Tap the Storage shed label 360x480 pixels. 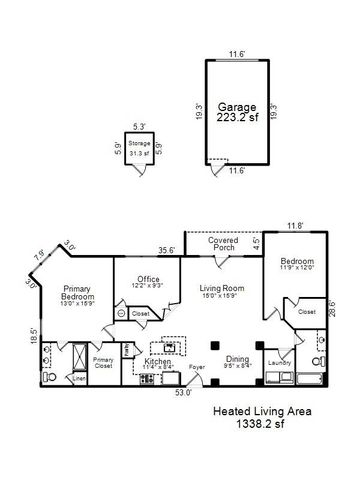[139, 144]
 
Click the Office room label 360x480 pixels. [147, 279]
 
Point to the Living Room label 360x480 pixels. [221, 288]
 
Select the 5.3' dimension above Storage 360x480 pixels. [139, 126]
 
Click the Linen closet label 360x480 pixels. [50, 378]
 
